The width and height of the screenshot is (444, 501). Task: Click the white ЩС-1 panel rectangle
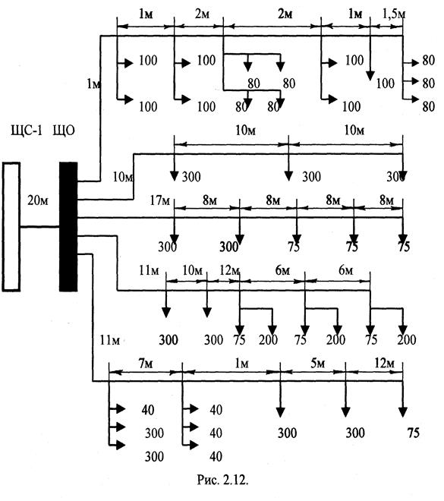[x=11, y=227]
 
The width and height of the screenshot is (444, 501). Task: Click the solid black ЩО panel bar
[x=68, y=227]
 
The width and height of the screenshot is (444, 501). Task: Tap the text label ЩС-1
[x=27, y=131]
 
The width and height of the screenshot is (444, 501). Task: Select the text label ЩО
[x=64, y=131]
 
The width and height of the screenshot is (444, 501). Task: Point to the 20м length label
[x=38, y=200]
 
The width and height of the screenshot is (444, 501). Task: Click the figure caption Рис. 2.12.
[x=222, y=480]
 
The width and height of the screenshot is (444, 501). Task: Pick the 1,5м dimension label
[x=394, y=14]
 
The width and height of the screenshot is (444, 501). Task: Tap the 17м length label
[x=160, y=200]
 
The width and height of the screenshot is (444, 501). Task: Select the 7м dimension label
[x=145, y=364]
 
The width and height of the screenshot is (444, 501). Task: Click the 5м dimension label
[x=318, y=364]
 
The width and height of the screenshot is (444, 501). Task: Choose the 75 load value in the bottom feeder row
[x=414, y=433]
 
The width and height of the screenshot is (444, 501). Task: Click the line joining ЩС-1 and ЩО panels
[x=40, y=227]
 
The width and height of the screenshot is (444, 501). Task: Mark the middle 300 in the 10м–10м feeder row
[x=312, y=176]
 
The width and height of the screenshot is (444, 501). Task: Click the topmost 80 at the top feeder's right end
[x=429, y=60]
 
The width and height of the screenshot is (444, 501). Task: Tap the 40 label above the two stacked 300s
[x=148, y=410]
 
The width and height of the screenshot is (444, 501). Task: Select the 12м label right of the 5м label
[x=385, y=364]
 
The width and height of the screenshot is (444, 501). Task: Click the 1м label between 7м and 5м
[x=242, y=364]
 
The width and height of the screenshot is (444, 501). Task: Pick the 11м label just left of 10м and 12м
[x=149, y=271]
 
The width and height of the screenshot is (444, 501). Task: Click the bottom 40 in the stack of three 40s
[x=216, y=456]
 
